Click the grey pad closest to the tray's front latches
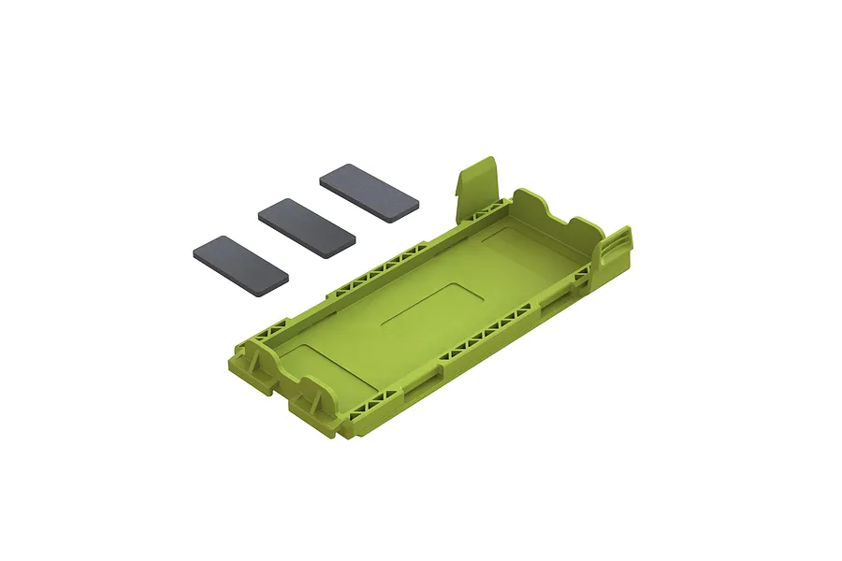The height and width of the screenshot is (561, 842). tap(240, 264)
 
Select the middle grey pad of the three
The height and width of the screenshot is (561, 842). tap(307, 226)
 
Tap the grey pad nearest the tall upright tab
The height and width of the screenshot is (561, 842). tap(369, 194)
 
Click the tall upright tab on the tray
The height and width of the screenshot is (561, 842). tap(478, 185)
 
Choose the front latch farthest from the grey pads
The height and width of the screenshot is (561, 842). tap(313, 404)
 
